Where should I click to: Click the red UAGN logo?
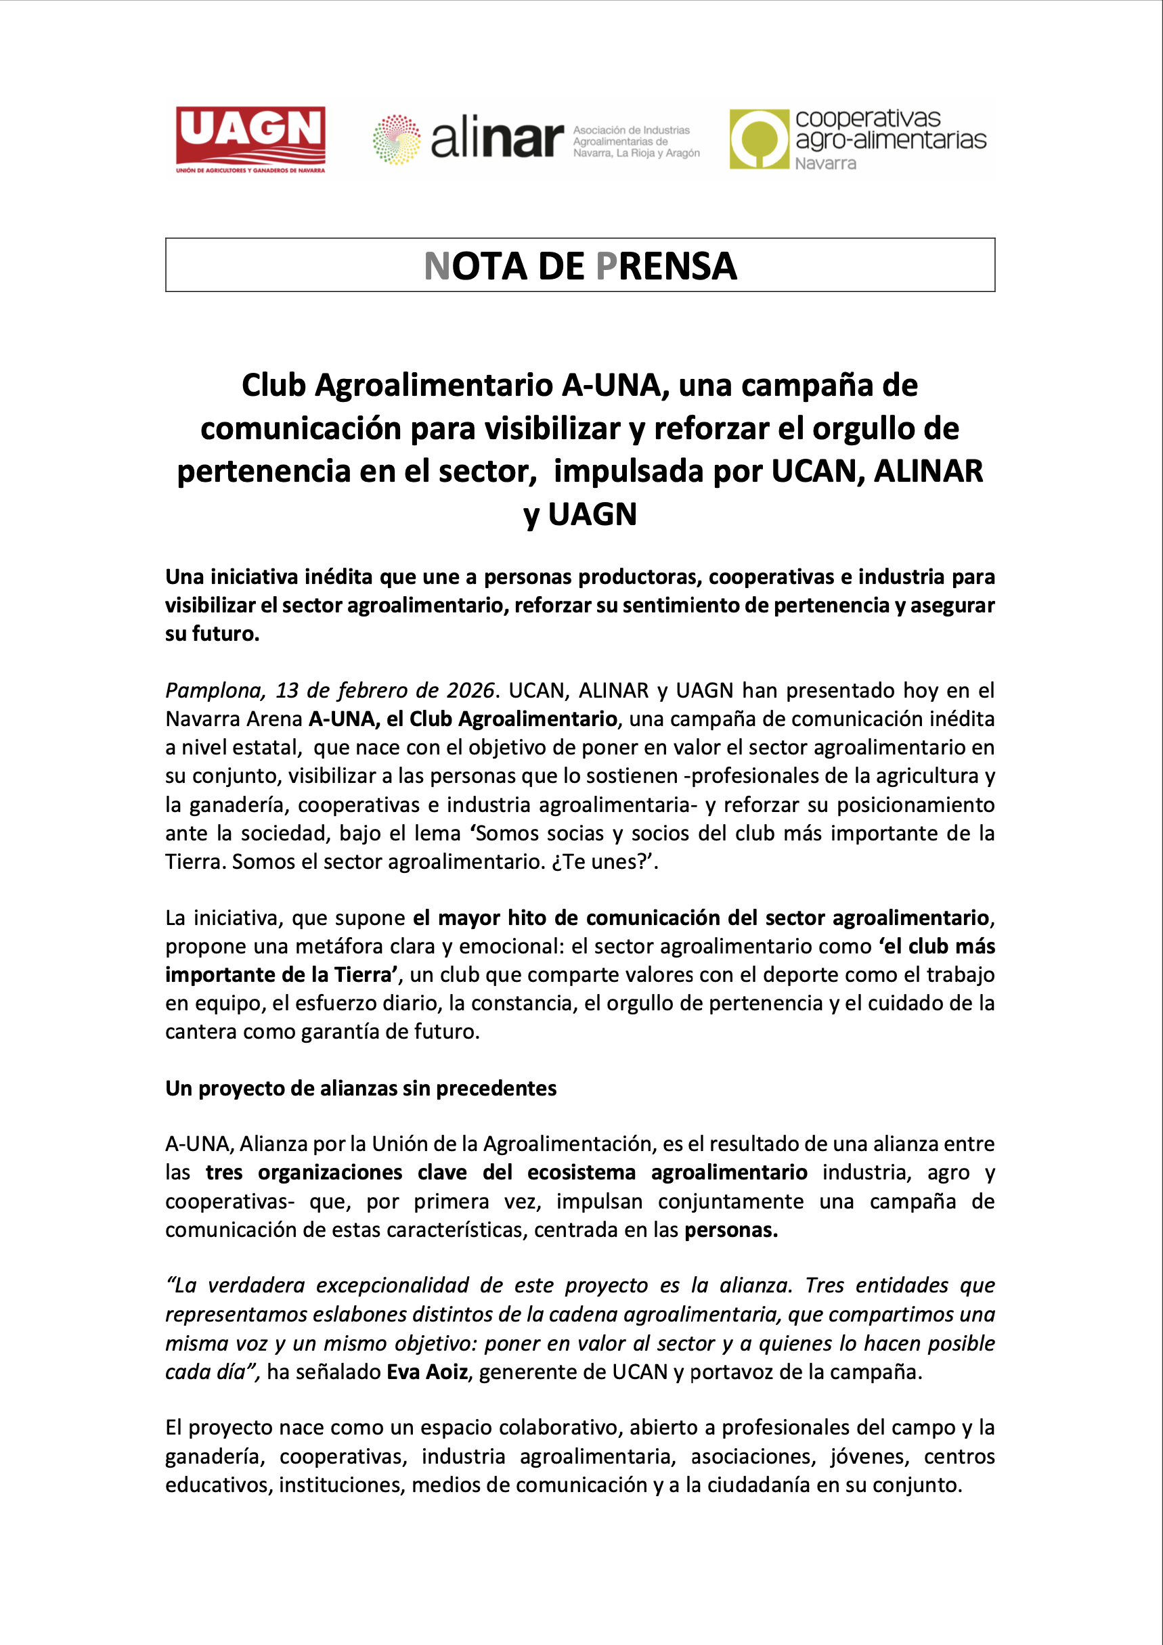click(250, 138)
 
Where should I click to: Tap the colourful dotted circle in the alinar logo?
click(396, 139)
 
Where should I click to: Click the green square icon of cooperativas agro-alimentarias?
click(759, 139)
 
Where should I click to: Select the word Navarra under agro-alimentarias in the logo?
click(825, 163)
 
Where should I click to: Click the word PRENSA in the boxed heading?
click(665, 267)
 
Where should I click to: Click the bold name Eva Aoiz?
click(427, 1372)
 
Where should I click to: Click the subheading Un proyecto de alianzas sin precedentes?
click(360, 1087)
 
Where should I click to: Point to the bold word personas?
click(730, 1230)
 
